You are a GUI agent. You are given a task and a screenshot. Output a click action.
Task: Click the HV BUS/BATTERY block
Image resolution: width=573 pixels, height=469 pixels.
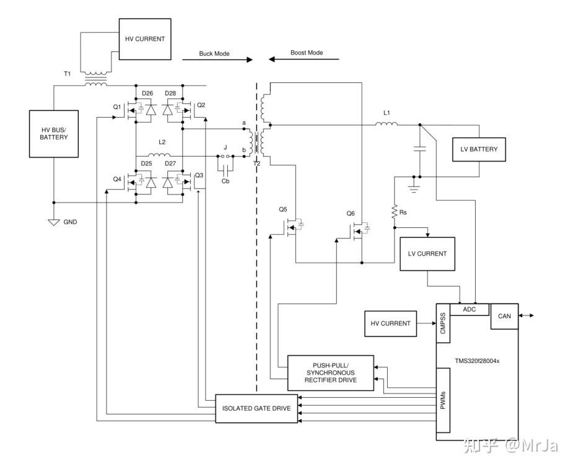[x=54, y=134]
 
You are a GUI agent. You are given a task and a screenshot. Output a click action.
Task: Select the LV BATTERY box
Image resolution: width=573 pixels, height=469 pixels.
[x=479, y=149]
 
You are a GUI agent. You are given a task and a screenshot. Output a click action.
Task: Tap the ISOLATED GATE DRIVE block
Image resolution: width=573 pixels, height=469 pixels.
[x=256, y=408]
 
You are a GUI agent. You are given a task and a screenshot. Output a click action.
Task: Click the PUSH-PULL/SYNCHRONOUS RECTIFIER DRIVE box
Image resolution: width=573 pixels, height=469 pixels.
[x=331, y=373]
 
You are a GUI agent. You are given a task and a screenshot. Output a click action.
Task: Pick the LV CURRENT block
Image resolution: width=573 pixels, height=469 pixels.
[x=427, y=253]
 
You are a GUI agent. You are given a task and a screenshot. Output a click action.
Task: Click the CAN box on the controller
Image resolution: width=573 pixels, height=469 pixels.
[x=504, y=316]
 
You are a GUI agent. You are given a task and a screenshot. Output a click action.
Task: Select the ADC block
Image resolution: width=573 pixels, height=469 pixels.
[x=469, y=310]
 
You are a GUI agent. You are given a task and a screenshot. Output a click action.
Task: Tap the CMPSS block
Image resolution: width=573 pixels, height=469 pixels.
[x=443, y=323]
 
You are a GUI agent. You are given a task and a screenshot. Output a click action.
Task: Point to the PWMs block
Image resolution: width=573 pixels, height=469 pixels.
[x=443, y=400]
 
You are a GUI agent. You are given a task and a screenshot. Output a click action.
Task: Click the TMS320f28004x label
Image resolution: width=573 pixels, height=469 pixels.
[x=477, y=361]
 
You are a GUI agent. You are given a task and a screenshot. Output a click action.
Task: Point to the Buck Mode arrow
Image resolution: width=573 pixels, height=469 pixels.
[x=217, y=59]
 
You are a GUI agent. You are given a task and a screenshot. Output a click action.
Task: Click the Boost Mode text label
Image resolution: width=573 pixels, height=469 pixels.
[x=307, y=53]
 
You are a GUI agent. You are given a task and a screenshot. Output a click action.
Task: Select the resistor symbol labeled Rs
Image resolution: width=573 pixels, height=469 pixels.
[x=395, y=212]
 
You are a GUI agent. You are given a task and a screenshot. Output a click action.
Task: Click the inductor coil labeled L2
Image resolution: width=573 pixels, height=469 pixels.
[x=159, y=154]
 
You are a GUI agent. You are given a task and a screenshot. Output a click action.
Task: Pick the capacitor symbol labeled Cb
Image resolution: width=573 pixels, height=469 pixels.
[x=225, y=169]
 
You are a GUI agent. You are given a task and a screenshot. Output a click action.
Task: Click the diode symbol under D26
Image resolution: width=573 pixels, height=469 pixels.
[x=151, y=109]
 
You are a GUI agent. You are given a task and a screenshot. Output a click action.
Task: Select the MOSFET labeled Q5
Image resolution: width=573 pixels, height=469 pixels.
[x=292, y=228]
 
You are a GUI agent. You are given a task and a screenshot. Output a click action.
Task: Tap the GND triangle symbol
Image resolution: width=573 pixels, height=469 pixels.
[x=54, y=222]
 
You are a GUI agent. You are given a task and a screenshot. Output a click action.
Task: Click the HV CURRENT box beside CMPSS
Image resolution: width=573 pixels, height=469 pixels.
[x=391, y=323]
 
